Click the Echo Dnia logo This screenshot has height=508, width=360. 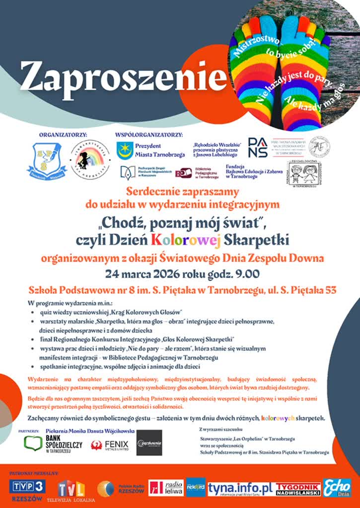(337, 488)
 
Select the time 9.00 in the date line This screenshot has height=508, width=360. (241, 273)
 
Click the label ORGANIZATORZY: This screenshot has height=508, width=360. (63, 134)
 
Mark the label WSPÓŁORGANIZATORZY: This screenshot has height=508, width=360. (148, 134)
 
